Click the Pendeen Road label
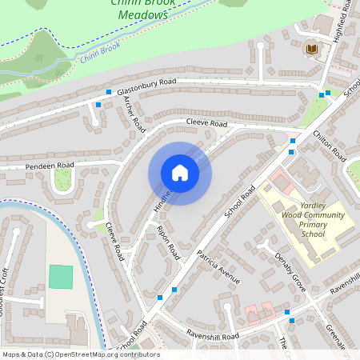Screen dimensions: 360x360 click(x=50, y=166)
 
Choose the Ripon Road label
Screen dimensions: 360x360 click(x=170, y=242)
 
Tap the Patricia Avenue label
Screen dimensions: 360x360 click(x=218, y=269)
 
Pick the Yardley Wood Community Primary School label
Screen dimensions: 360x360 click(x=313, y=220)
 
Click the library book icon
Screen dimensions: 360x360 click(x=311, y=50)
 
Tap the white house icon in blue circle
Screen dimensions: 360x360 click(x=179, y=173)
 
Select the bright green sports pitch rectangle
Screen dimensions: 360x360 click(x=60, y=277)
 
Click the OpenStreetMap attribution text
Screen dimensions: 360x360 click(x=81, y=354)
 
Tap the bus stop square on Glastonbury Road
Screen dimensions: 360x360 click(x=98, y=104)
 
